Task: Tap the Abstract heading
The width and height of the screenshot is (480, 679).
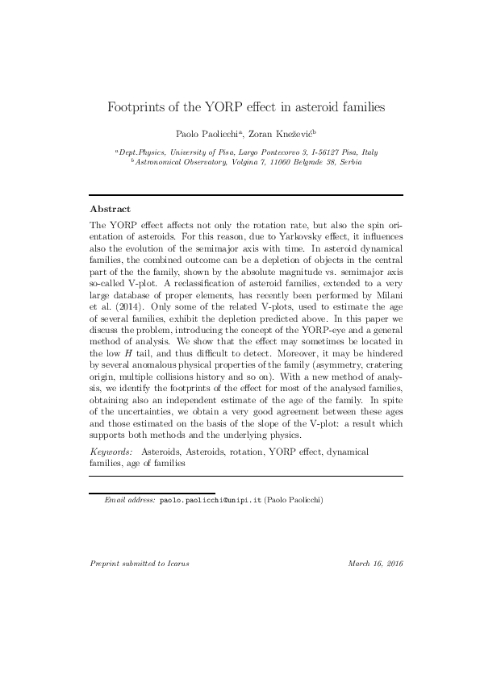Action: [x=110, y=208]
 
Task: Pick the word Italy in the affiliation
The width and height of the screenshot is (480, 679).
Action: [x=368, y=152]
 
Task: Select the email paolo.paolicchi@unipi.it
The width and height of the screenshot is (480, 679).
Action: [x=205, y=500]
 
